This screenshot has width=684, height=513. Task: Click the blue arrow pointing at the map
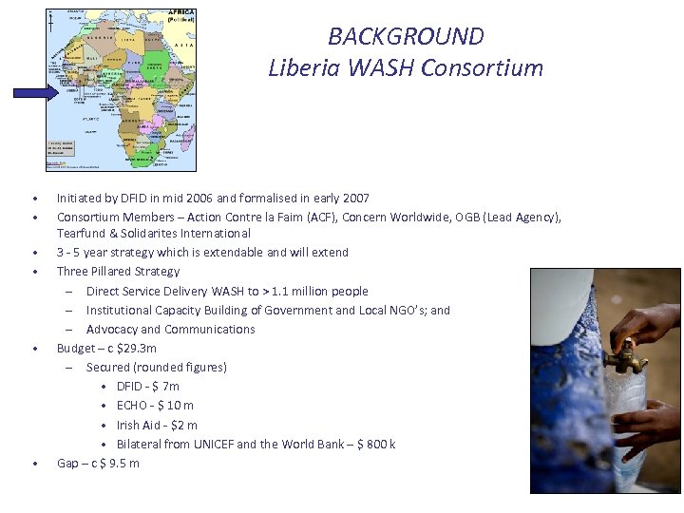[x=35, y=92]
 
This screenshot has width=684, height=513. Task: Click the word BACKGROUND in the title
[x=406, y=37]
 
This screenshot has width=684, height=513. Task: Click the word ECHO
[x=133, y=406]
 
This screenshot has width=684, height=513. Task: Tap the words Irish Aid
[x=138, y=425]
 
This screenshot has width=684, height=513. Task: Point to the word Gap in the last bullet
[x=67, y=463]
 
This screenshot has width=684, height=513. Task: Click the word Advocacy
[x=111, y=329]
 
